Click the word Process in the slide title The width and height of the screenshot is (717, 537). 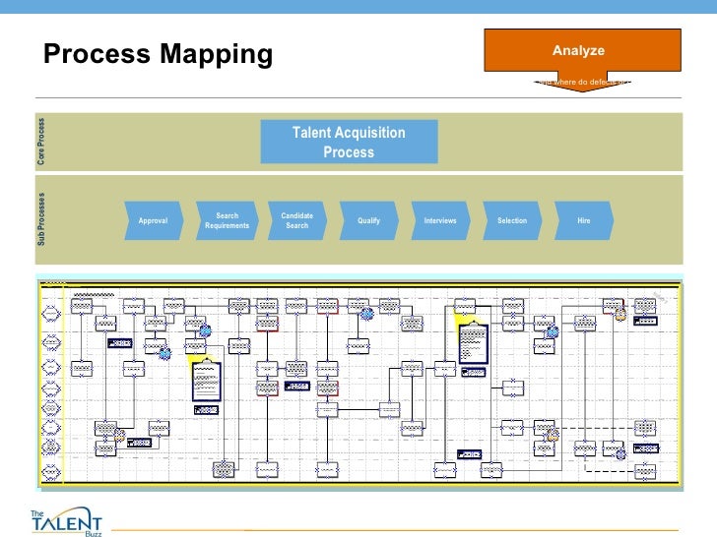tap(94, 55)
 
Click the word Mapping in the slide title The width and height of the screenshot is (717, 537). tap(210, 56)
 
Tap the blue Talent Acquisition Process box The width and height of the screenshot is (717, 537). tap(349, 143)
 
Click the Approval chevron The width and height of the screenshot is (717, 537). tap(154, 221)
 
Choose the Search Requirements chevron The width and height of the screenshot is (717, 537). tap(227, 221)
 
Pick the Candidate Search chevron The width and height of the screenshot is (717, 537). tap(296, 221)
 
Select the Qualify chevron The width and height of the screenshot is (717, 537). tap(368, 221)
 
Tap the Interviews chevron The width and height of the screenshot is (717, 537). tap(440, 221)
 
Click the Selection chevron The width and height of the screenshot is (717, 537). tap(512, 221)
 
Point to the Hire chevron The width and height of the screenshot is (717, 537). tap(584, 221)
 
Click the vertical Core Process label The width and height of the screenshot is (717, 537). tap(41, 142)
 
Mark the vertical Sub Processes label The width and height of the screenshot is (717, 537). tap(41, 220)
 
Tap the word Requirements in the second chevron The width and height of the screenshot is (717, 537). tap(227, 226)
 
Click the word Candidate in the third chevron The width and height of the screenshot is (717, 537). tap(296, 215)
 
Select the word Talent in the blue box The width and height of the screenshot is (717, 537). tap(310, 133)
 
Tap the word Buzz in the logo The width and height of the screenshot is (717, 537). tap(95, 531)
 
